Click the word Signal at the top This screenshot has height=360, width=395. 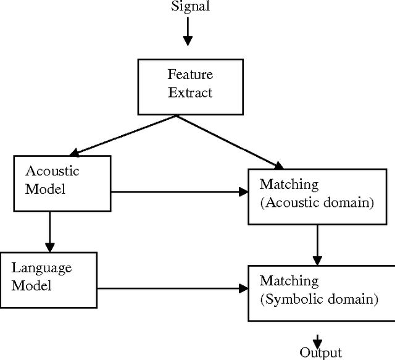[x=190, y=7]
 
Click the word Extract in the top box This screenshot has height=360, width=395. [x=190, y=93]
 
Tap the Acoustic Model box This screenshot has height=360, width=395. [x=62, y=180]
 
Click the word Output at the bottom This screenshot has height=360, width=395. [x=320, y=353]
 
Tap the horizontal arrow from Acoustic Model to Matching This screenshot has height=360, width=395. [x=179, y=192]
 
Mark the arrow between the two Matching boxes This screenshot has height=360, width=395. [x=317, y=244]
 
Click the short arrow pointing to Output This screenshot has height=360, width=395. [x=317, y=340]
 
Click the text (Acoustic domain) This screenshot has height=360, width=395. [x=317, y=203]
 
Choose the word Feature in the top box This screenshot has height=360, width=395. [x=190, y=75]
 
